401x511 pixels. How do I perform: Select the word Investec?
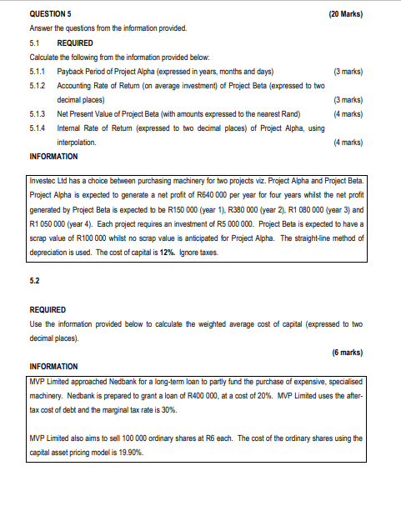[46, 181]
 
